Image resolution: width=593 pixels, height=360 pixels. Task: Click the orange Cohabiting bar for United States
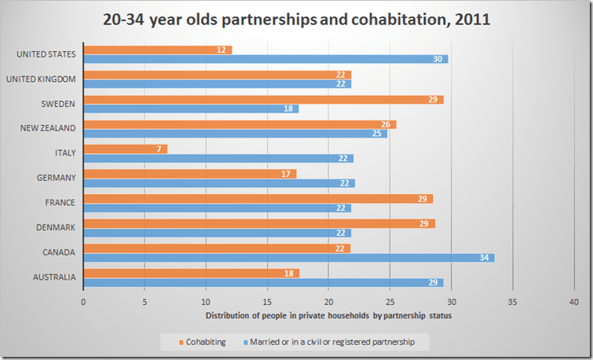[157, 50]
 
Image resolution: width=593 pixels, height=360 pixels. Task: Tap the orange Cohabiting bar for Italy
[125, 149]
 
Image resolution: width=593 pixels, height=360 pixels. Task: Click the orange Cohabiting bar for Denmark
[258, 224]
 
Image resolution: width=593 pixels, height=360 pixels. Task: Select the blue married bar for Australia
[263, 282]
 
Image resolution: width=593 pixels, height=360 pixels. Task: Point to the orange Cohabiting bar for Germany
[189, 174]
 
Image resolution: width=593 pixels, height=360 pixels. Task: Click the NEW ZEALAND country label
[49, 128]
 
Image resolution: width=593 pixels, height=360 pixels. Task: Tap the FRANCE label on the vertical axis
[60, 202]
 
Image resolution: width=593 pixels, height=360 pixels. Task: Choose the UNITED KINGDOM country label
[41, 79]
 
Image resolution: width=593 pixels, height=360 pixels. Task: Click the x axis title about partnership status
[328, 316]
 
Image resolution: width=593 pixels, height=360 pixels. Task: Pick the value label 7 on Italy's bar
[159, 149]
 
